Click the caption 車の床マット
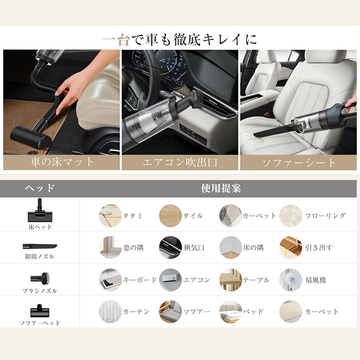[x=62, y=162]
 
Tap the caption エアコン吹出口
[x=180, y=162]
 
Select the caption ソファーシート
[x=299, y=163]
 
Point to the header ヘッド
[x=40, y=188]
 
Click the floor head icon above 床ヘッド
[x=40, y=210]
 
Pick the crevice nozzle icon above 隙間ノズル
[x=40, y=247]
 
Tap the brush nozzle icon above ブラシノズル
[x=40, y=278]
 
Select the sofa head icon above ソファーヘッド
[x=40, y=311]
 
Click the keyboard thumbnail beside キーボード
[x=111, y=280]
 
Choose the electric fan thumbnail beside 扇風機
[x=291, y=280]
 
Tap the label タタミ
[x=133, y=216]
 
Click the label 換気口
[x=194, y=248]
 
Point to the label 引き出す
[x=319, y=248]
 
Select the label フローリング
[x=325, y=216]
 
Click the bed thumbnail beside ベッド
[x=230, y=312]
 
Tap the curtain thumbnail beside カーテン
[x=111, y=312]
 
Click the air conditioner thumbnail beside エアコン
[x=170, y=280]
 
